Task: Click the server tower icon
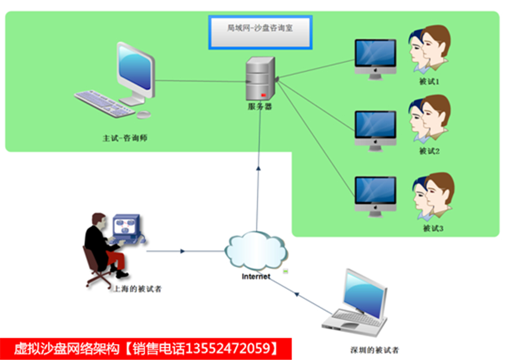[260, 78]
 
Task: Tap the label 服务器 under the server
[260, 107]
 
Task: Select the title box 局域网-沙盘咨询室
[260, 32]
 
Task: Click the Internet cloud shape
[256, 250]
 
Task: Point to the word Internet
[256, 277]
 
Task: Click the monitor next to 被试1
[375, 59]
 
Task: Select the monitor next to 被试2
[375, 131]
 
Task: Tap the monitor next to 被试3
[375, 196]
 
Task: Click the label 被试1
[429, 81]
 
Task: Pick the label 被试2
[429, 151]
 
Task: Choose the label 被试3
[433, 229]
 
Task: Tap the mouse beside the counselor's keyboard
[144, 114]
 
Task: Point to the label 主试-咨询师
[125, 138]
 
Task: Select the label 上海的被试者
[137, 289]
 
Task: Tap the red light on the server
[263, 95]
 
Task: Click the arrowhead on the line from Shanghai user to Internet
[183, 251]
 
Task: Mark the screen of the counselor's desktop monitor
[135, 68]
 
